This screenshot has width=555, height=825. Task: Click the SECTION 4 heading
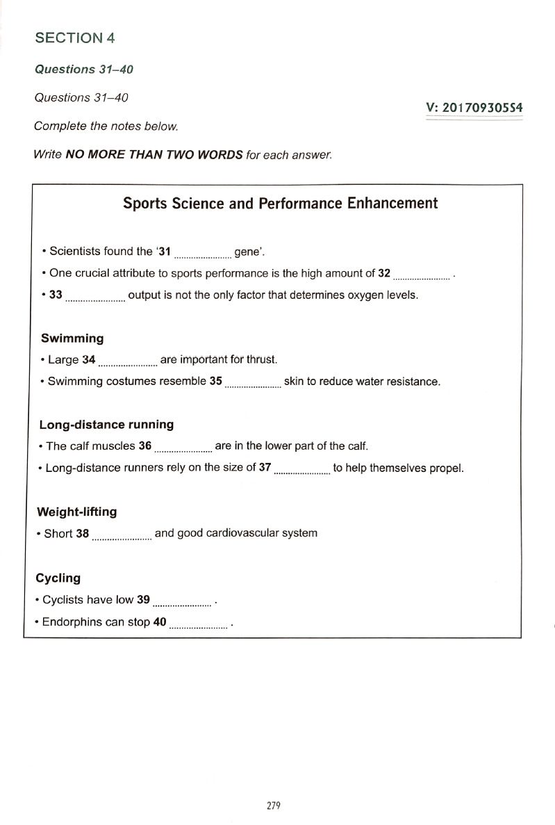(x=75, y=38)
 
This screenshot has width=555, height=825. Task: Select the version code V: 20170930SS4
(x=474, y=108)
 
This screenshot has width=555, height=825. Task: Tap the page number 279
(x=273, y=806)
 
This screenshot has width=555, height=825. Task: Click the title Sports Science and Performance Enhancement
(x=281, y=203)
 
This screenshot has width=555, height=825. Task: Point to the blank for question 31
(x=202, y=254)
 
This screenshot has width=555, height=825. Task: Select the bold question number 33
(x=56, y=295)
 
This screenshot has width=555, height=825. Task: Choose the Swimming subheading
(x=72, y=338)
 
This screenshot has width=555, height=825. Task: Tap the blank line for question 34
(x=128, y=362)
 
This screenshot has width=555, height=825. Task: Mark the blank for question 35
(x=253, y=384)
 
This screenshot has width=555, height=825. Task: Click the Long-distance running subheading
(x=106, y=424)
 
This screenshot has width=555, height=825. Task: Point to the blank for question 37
(x=302, y=471)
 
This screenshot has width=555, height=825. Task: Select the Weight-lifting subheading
(x=76, y=512)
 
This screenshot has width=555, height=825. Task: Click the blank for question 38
(x=122, y=537)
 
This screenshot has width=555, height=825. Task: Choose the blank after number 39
(x=183, y=603)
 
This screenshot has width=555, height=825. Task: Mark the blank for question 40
(x=199, y=626)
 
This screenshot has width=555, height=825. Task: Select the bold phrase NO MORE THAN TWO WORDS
(x=154, y=154)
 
